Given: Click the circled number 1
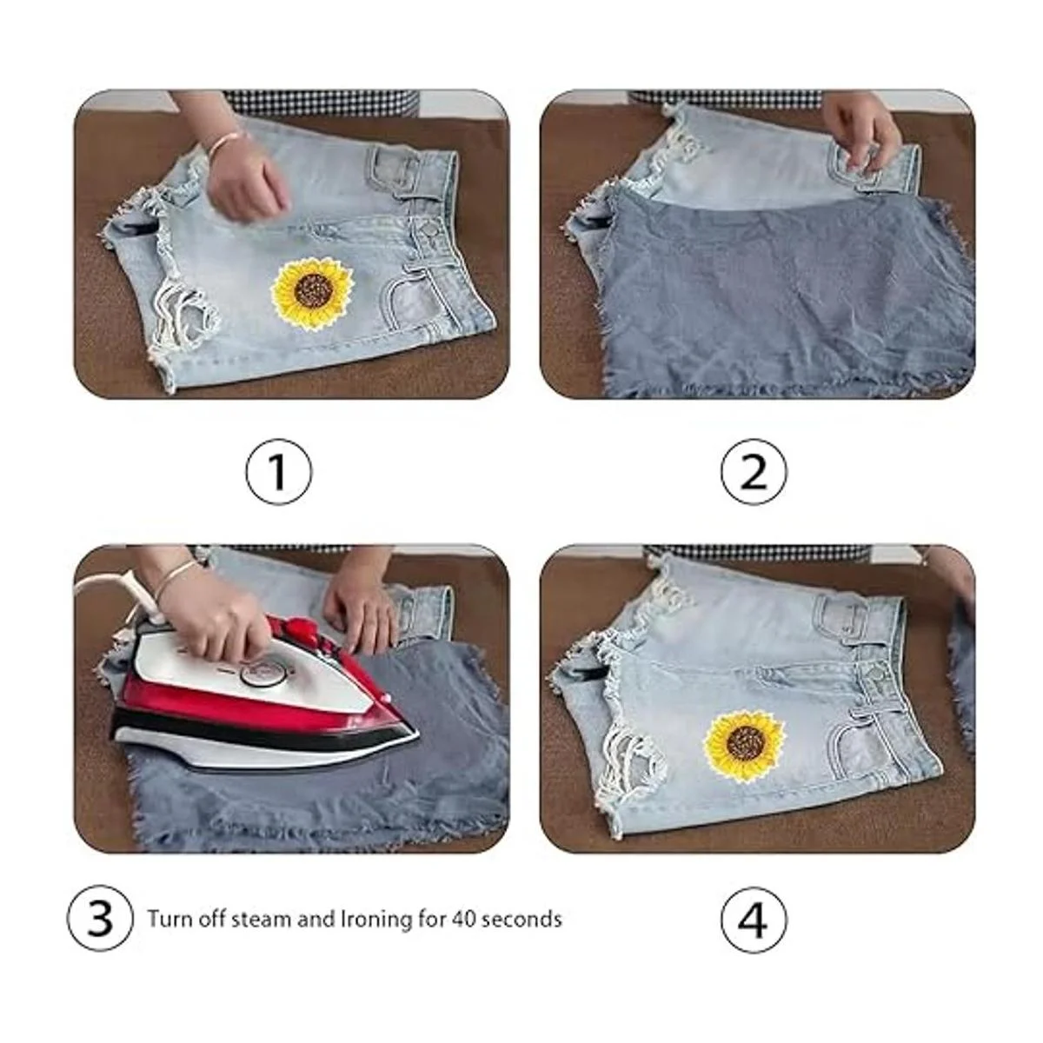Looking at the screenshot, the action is coord(279,472).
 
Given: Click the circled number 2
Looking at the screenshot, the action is coord(754,472).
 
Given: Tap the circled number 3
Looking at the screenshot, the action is coord(100,918).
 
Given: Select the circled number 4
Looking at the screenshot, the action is coord(754,918).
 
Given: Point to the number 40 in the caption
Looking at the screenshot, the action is coord(464,919).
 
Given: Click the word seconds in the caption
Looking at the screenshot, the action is coord(521,919).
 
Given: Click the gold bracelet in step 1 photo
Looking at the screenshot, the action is coord(223,144).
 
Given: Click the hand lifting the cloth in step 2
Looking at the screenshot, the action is coord(864,130).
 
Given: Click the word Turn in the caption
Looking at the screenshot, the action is coord(166,919).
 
